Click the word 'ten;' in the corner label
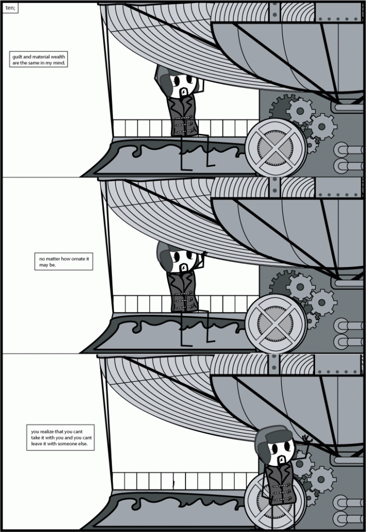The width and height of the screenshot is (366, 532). click(10, 8)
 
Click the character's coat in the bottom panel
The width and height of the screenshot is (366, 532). click(281, 486)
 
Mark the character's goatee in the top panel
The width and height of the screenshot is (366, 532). click(182, 93)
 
